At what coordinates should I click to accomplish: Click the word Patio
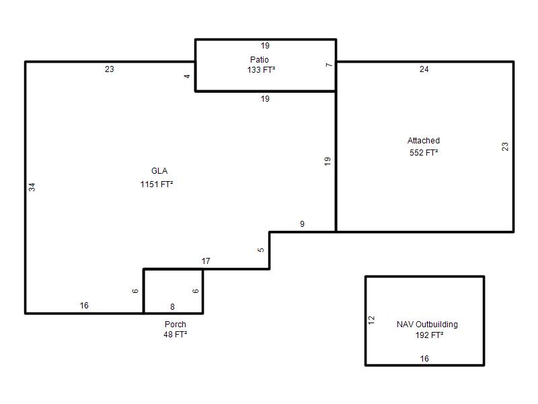click(259, 59)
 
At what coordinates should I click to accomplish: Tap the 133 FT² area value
click(261, 70)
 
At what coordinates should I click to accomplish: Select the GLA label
click(159, 171)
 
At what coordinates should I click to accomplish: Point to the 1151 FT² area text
click(157, 184)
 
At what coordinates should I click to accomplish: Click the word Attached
click(424, 141)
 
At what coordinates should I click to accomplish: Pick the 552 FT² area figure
click(424, 153)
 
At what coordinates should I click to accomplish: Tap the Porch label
click(176, 325)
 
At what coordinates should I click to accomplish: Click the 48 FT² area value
click(176, 334)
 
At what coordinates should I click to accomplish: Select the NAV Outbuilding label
click(427, 325)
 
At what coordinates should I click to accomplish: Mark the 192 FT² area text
click(429, 335)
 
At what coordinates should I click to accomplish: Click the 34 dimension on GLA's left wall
click(32, 187)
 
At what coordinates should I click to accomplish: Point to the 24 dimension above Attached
click(424, 69)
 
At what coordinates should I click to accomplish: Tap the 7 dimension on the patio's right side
click(329, 65)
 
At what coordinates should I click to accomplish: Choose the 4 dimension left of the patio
click(187, 76)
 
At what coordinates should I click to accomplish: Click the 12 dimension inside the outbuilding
click(371, 321)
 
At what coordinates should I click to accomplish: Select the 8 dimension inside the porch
click(172, 306)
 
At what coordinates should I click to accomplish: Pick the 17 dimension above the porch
click(206, 261)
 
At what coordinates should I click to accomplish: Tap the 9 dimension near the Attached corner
click(302, 224)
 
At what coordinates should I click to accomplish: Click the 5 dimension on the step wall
click(261, 250)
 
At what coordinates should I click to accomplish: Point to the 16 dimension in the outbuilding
click(424, 359)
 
